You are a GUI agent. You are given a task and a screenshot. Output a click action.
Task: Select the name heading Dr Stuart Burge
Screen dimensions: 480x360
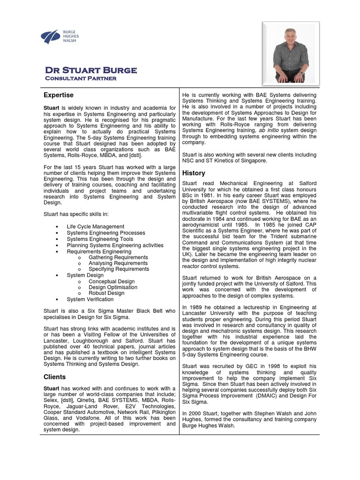pos(90,70)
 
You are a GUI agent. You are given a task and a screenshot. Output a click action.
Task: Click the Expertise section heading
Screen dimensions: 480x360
pos(59,95)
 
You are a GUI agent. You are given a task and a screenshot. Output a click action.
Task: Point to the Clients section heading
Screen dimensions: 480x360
pos(54,377)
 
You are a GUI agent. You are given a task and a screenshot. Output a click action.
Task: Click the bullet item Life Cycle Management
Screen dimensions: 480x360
pos(95,227)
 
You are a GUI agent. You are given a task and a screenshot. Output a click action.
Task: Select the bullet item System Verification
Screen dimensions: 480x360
pos(90,300)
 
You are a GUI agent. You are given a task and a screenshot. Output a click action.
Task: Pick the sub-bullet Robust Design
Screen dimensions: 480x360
pos(106,293)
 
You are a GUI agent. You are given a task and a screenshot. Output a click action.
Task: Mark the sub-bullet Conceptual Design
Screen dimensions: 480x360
pos(112,281)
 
